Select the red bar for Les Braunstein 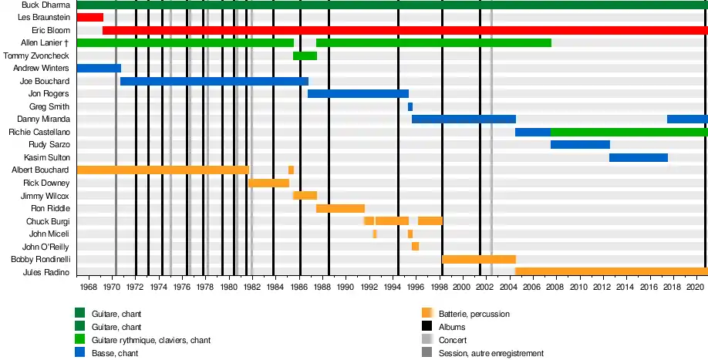[x=89, y=17]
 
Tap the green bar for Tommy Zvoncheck [x=305, y=56]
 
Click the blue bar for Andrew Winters [x=99, y=68]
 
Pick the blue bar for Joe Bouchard [x=214, y=81]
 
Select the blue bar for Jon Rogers [x=358, y=93]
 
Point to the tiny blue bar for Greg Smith [x=410, y=106]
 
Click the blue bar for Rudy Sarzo [x=580, y=144]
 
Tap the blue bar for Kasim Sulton [x=639, y=157]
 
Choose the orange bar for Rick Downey [x=268, y=183]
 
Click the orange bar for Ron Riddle [x=340, y=208]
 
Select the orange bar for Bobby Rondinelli [x=478, y=259]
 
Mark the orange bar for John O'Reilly [x=415, y=246]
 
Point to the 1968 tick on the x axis [x=89, y=287]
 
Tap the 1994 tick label [x=392, y=287]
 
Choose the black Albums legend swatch [x=426, y=327]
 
